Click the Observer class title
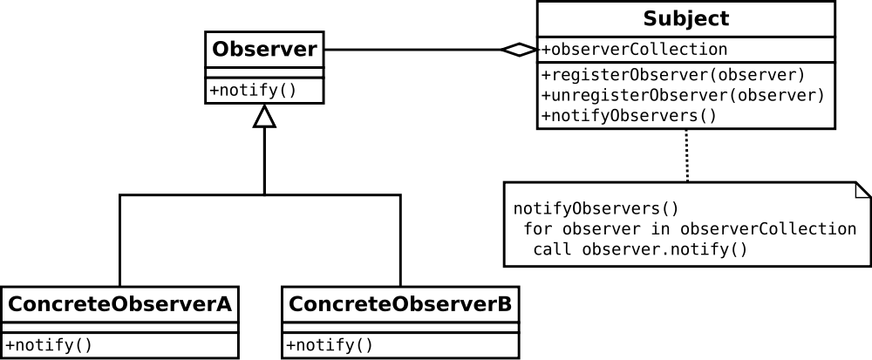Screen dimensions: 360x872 pyautogui.click(x=264, y=49)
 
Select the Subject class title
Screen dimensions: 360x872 pyautogui.click(x=685, y=18)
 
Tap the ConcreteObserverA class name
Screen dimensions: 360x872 pyautogui.click(x=119, y=304)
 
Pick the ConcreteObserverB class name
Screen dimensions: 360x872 pyautogui.click(x=400, y=304)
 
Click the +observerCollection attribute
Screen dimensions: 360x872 pyautogui.click(x=634, y=50)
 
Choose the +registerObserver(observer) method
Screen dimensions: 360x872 pyautogui.click(x=672, y=74)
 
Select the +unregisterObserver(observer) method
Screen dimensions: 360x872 pyautogui.click(x=683, y=95)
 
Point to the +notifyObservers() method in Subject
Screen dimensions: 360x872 pyautogui.click(x=629, y=115)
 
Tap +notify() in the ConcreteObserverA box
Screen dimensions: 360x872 pyautogui.click(x=49, y=344)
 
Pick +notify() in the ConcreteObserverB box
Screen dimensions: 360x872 pyautogui.click(x=330, y=344)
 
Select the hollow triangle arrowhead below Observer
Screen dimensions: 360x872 pyautogui.click(x=264, y=117)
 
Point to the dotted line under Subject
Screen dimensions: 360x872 pyautogui.click(x=686, y=155)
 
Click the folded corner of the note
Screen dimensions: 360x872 pyautogui.click(x=862, y=190)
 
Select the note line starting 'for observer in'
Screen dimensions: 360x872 pyautogui.click(x=689, y=229)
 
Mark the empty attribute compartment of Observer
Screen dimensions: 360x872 pyautogui.click(x=264, y=72)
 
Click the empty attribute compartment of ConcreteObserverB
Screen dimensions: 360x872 pyautogui.click(x=400, y=328)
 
